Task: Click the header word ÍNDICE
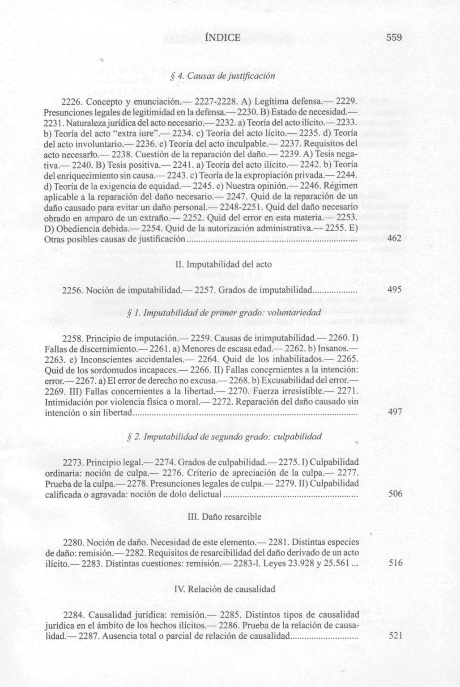(222, 38)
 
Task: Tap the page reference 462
(394, 239)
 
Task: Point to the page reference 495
(394, 290)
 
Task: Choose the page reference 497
(395, 412)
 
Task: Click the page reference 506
(395, 494)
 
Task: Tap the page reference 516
(396, 563)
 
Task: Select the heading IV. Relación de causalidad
(224, 589)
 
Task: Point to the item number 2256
(73, 290)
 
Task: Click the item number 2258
(73, 337)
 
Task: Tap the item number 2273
(73, 462)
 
